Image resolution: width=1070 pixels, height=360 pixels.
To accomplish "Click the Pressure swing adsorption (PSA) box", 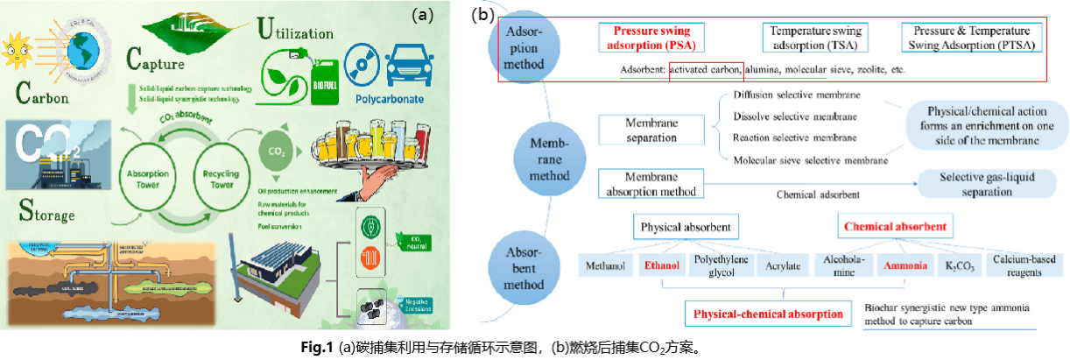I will click(x=654, y=37).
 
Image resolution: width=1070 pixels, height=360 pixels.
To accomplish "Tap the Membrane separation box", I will click(x=651, y=131).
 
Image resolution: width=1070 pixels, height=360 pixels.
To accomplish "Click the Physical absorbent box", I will click(x=684, y=228).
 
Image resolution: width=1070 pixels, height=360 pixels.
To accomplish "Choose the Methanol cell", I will click(x=605, y=265).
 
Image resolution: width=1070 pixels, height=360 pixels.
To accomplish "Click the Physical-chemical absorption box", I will click(x=768, y=314).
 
